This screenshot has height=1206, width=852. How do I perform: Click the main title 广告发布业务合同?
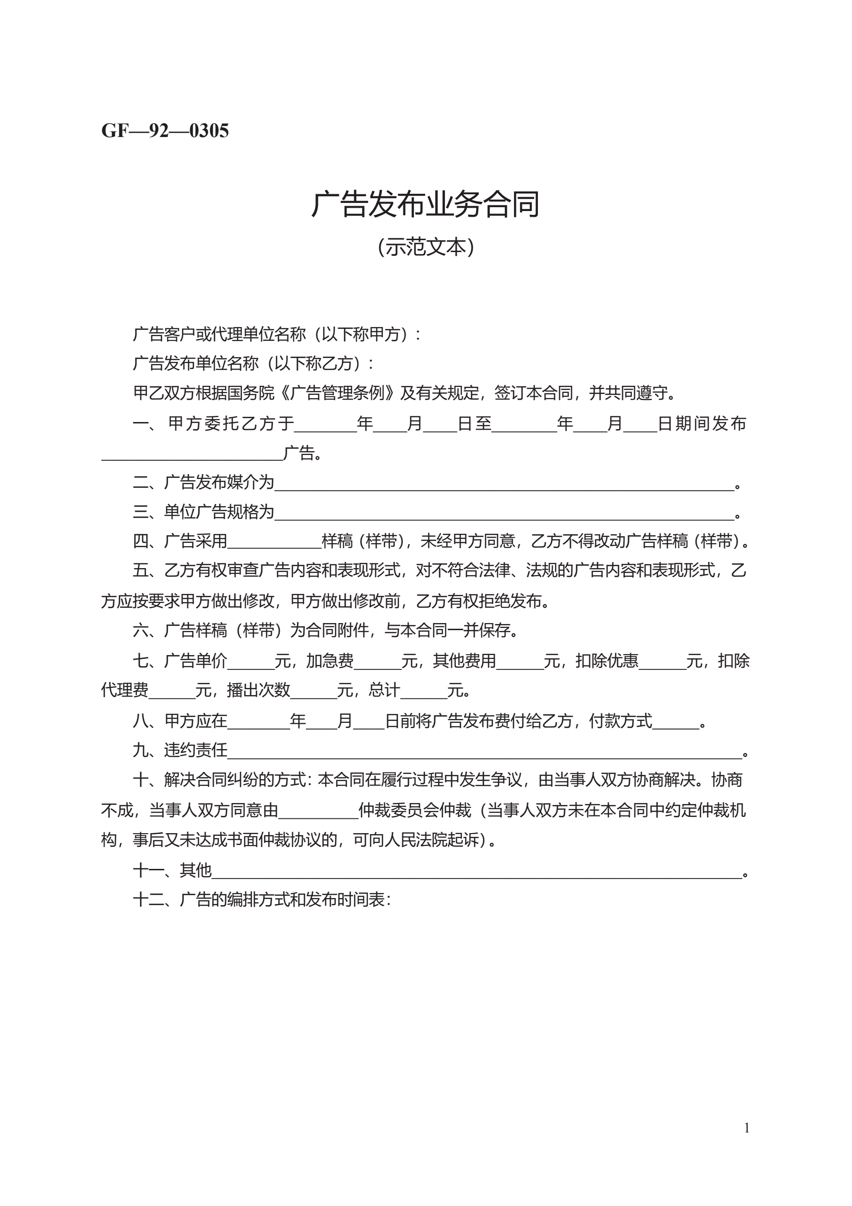(425, 204)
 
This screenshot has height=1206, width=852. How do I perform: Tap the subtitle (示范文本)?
(425, 247)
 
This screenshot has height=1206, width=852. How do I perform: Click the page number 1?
(747, 1128)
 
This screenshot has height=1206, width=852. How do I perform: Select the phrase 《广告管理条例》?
(338, 392)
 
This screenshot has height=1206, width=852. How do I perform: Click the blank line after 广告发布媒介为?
(504, 484)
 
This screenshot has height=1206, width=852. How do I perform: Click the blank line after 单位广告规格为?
(504, 514)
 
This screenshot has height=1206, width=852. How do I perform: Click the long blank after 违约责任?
(484, 752)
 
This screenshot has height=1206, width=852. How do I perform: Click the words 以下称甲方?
(366, 334)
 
